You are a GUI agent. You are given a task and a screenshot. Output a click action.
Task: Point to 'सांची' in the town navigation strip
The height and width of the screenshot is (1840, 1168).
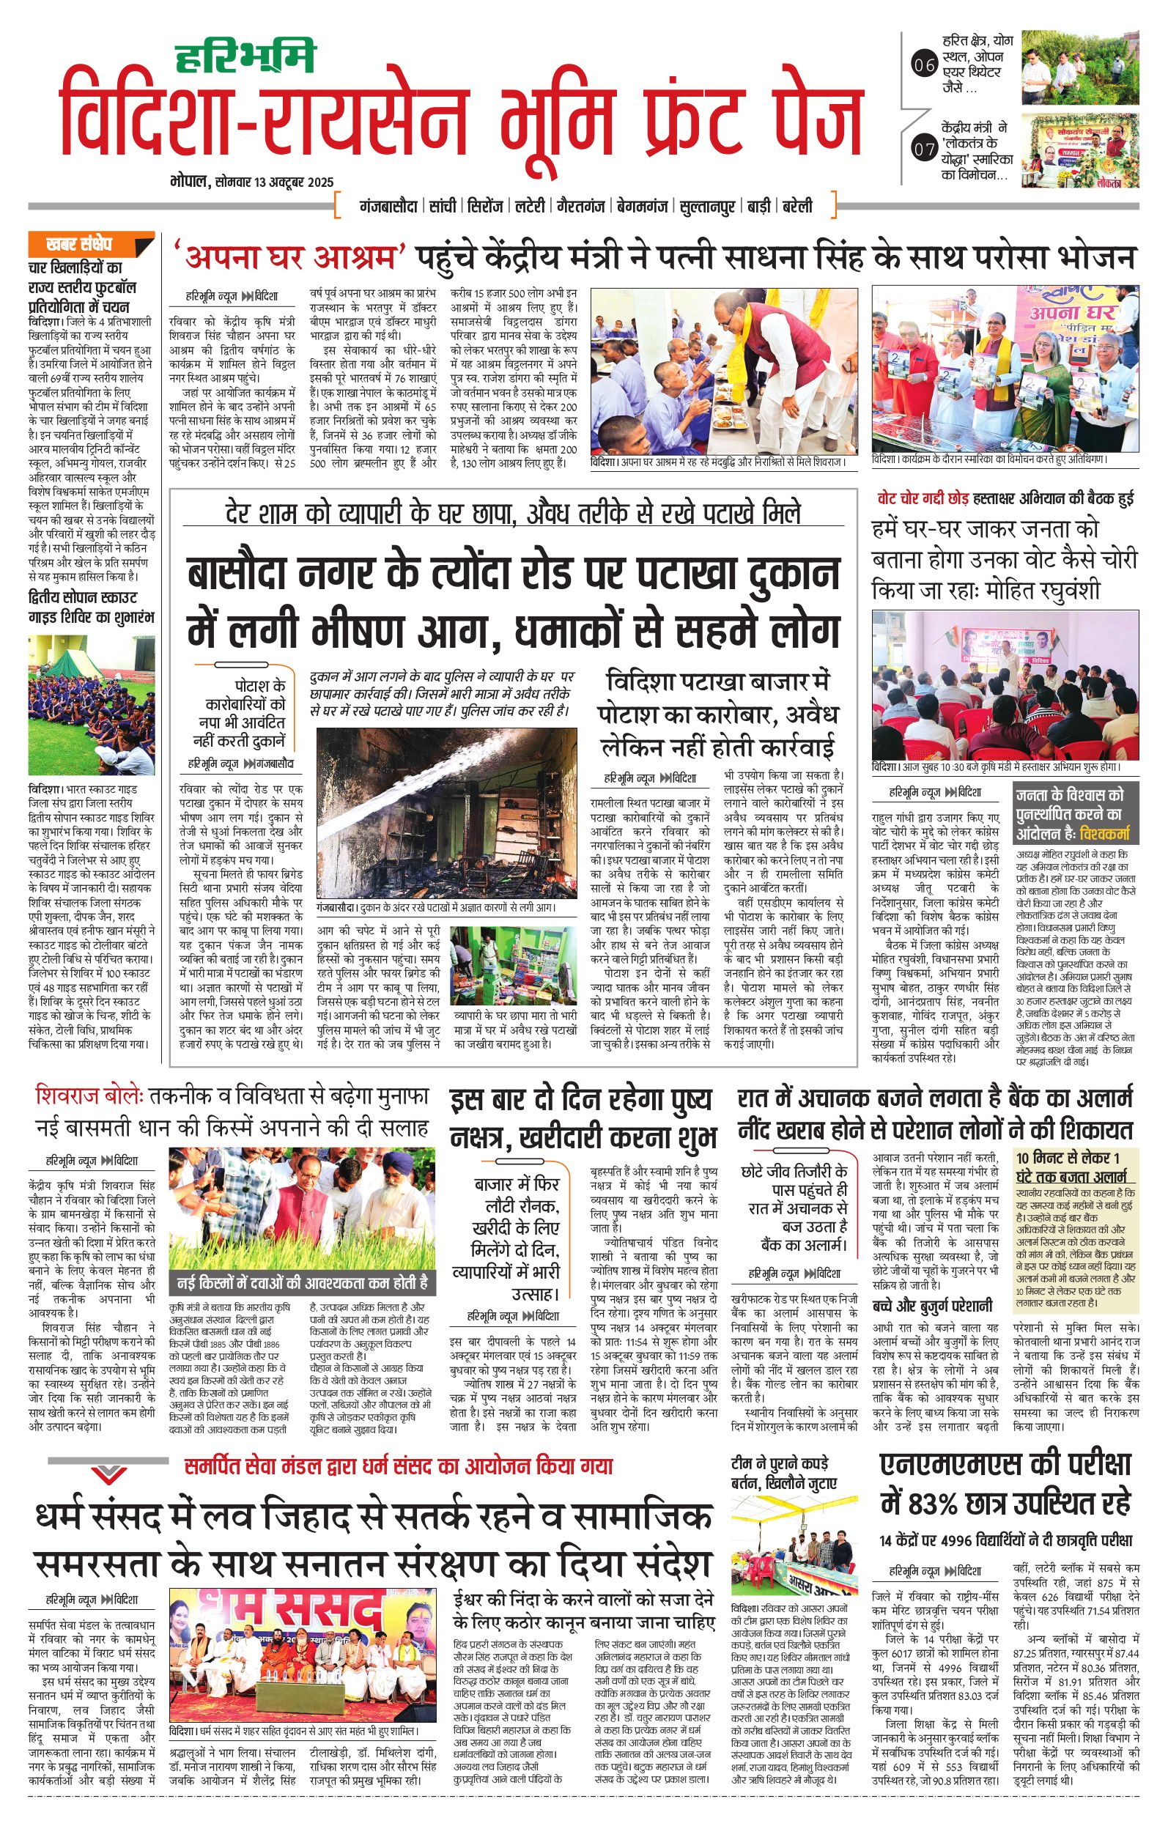443,207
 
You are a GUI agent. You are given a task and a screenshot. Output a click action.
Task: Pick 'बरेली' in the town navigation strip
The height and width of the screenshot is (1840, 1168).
795,207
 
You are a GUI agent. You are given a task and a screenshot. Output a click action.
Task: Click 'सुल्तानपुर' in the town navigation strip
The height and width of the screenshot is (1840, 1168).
706,207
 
